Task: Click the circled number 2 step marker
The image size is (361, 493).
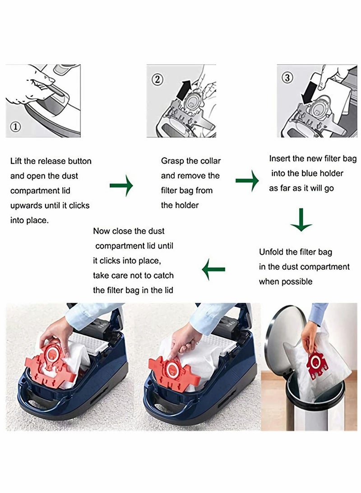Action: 157,80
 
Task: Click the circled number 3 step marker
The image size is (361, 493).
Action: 287,77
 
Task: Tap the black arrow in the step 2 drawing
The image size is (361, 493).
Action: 185,91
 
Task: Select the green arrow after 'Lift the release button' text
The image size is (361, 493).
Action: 121,185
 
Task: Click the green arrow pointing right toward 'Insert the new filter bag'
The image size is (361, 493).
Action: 247,181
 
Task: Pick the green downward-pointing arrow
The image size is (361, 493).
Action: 301,220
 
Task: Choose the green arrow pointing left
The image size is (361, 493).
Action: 213,270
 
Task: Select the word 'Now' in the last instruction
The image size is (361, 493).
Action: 101,231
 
